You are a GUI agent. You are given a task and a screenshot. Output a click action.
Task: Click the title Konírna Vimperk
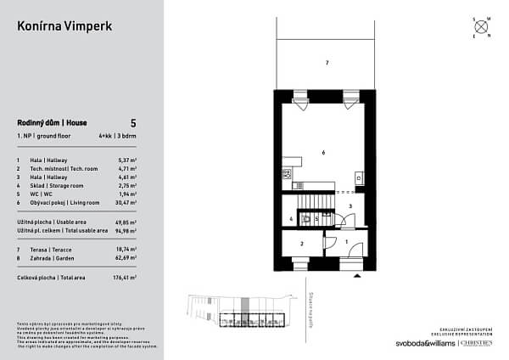[x=64, y=26]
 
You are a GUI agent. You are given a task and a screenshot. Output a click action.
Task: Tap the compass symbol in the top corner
[x=481, y=26]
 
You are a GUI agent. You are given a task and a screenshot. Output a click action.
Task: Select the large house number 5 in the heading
[x=133, y=123]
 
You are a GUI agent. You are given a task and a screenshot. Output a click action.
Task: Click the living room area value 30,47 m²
[x=125, y=203]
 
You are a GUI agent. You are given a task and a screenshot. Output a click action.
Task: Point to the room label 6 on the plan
[x=323, y=152]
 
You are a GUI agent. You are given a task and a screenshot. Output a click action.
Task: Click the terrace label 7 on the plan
[x=327, y=64]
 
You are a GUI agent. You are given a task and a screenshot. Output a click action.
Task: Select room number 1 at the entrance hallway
[x=348, y=243]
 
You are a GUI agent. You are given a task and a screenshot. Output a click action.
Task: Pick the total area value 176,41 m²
[x=124, y=278]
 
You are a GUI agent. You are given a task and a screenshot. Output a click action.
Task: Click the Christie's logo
[x=480, y=343]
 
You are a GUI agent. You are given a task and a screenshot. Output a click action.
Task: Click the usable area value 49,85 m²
[x=125, y=222]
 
